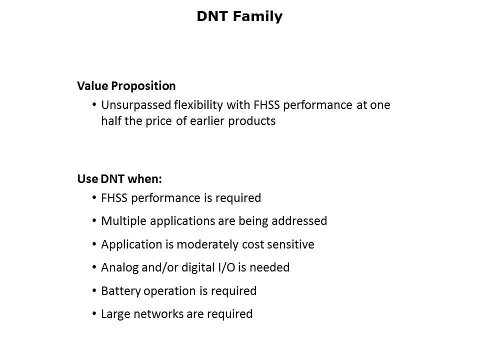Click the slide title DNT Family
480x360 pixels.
click(x=239, y=16)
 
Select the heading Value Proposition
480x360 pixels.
click(x=126, y=86)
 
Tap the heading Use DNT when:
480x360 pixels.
click(x=119, y=179)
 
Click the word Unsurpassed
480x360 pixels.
click(x=136, y=105)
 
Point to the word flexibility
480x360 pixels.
click(x=198, y=105)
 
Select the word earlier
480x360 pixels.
click(x=207, y=121)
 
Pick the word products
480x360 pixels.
click(x=252, y=121)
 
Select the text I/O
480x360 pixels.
click(x=226, y=267)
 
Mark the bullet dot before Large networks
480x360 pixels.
click(x=94, y=314)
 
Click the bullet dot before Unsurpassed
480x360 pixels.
click(x=94, y=105)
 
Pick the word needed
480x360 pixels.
click(x=269, y=267)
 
